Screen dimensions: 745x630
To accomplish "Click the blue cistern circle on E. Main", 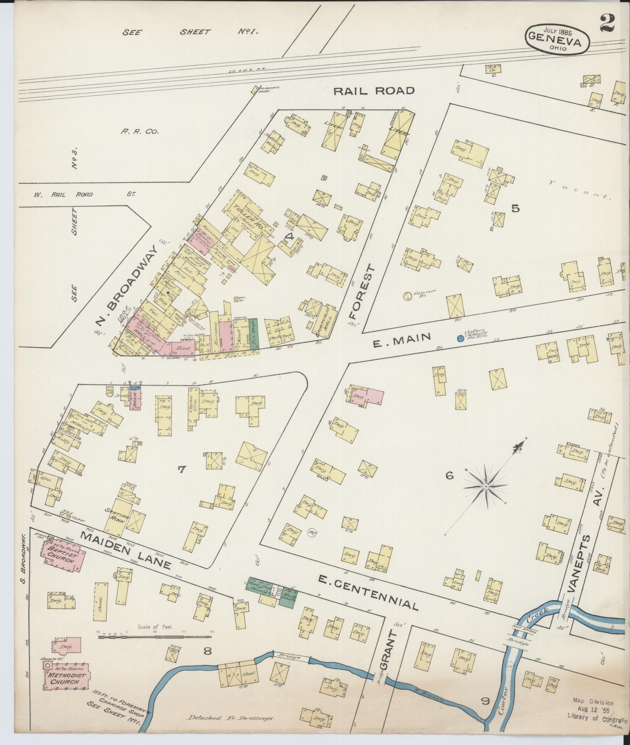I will click(x=460, y=338).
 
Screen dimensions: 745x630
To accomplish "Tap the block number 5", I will click(x=515, y=208).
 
